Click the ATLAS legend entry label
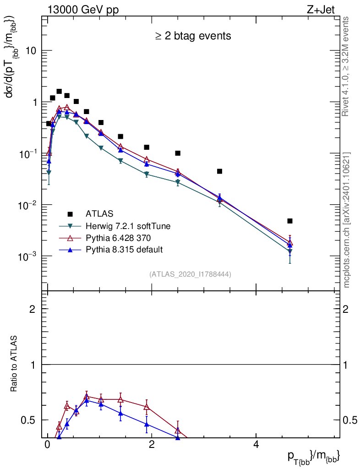(99, 213)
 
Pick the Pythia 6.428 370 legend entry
(121, 238)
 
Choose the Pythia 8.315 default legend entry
(124, 250)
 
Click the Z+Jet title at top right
(327, 10)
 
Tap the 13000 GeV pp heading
(83, 10)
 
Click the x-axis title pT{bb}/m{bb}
(313, 456)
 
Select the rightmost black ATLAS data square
(290, 221)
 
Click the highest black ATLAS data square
(59, 91)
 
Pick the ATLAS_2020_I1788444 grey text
(190, 274)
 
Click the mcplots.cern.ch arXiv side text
(347, 220)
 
